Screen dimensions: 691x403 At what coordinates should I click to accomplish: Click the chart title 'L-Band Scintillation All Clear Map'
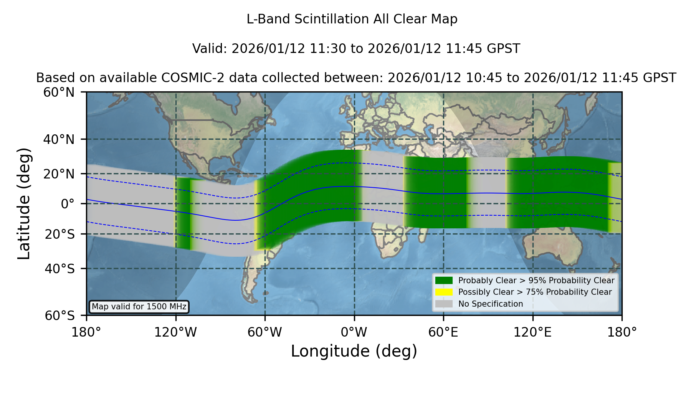(x=352, y=19)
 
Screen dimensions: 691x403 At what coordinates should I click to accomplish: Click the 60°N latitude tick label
(x=59, y=92)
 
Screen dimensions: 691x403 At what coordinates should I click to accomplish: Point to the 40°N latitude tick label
(x=59, y=139)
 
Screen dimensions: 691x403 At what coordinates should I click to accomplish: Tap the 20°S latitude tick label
(x=60, y=234)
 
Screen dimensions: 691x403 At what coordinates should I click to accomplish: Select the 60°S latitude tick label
(x=60, y=315)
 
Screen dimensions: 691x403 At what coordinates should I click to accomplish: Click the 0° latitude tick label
(x=68, y=204)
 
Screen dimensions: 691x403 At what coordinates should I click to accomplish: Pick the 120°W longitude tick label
(x=175, y=332)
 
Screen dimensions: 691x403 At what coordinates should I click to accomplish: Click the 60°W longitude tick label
(x=265, y=332)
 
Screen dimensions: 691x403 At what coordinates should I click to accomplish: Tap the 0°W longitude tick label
(x=354, y=332)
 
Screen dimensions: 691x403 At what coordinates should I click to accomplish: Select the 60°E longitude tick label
(x=443, y=332)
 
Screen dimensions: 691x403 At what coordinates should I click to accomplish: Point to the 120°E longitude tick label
(x=532, y=332)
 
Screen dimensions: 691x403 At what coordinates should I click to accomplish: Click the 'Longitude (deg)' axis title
(x=354, y=351)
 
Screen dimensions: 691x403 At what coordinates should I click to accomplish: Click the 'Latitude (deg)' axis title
(x=24, y=203)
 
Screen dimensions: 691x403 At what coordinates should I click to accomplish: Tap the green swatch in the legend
(x=444, y=280)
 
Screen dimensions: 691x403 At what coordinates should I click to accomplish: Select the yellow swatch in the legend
(x=444, y=292)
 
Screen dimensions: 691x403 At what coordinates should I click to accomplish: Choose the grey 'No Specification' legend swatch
(x=444, y=304)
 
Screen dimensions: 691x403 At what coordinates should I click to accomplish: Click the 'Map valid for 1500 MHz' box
(x=139, y=307)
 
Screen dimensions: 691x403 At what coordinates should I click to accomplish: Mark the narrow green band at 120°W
(x=183, y=213)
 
